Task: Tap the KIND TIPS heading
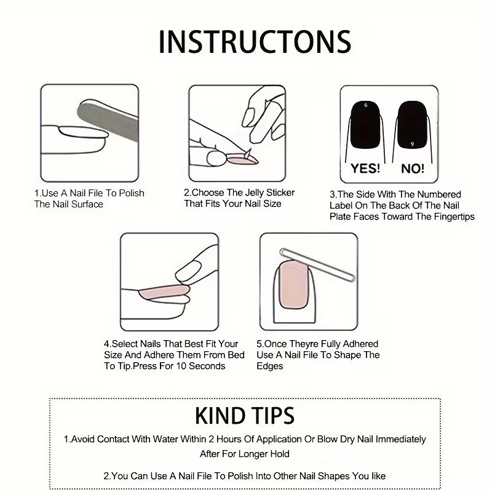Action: (x=245, y=416)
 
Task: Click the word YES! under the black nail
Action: (x=365, y=168)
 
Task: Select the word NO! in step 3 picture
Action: (x=413, y=169)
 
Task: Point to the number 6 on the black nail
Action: (x=366, y=106)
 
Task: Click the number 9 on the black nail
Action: (x=412, y=143)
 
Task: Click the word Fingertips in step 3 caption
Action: (x=448, y=216)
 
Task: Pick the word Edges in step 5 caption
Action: (x=270, y=366)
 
